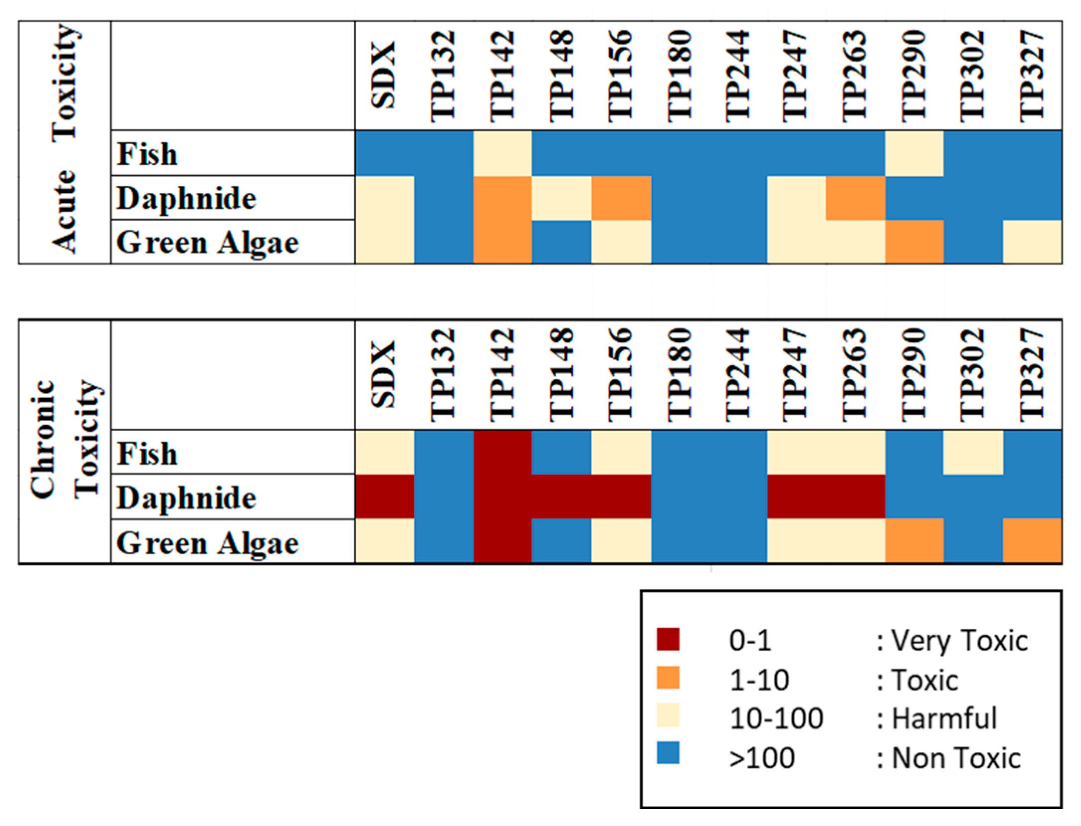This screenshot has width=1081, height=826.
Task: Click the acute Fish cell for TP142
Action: click(502, 153)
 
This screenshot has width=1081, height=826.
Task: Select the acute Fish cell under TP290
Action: click(914, 153)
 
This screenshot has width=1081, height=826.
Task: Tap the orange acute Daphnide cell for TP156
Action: click(621, 198)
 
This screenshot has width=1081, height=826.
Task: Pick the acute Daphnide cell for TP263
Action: click(856, 198)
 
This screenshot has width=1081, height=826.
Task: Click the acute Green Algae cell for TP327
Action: click(1032, 242)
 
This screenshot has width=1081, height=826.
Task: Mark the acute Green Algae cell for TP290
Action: click(914, 242)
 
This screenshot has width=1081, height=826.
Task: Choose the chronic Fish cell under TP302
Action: click(973, 452)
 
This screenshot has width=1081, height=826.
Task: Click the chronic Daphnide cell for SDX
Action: click(385, 497)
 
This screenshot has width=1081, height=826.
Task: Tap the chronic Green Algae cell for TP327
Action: click(1032, 541)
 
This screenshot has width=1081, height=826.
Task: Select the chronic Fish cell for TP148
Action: click(562, 452)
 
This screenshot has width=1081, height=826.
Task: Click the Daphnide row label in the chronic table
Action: click(187, 498)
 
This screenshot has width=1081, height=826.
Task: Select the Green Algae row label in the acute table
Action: click(207, 243)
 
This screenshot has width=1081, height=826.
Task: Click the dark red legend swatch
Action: click(668, 639)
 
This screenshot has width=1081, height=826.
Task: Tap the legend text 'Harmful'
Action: click(944, 718)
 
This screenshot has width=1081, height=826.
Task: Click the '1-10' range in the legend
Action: click(759, 679)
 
